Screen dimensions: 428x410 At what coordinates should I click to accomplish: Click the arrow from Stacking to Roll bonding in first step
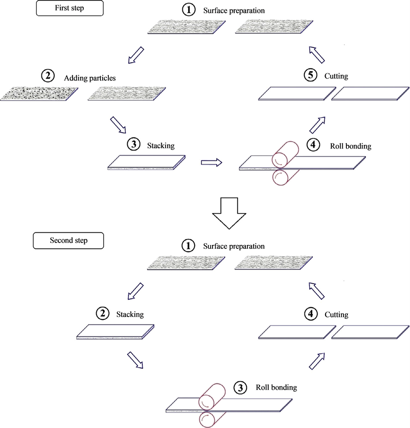[x=212, y=162]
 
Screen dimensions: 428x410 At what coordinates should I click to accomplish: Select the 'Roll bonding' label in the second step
[x=276, y=388]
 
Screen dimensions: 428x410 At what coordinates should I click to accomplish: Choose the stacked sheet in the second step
[x=116, y=331]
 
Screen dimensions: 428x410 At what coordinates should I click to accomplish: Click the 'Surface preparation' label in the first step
[x=234, y=9]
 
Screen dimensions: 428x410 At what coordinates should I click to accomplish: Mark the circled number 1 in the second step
[x=189, y=246]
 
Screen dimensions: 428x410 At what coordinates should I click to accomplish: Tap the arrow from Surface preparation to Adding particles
[x=135, y=55]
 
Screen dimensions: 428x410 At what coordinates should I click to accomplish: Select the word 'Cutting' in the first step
[x=336, y=76]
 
